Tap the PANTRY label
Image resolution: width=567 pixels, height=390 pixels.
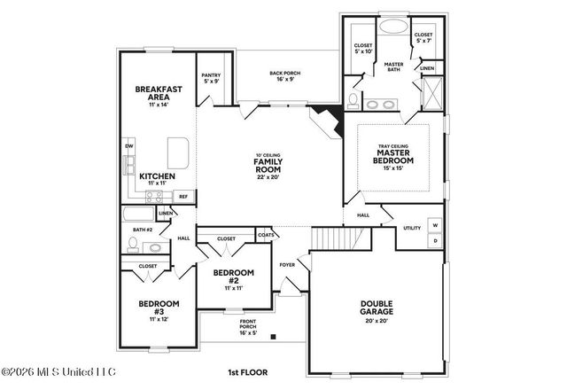(210, 80)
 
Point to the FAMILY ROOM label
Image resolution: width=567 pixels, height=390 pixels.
(268, 166)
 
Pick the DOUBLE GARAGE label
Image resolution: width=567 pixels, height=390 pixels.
(377, 308)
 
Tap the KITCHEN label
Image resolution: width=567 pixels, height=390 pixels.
(157, 176)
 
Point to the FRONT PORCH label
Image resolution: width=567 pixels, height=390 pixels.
(248, 328)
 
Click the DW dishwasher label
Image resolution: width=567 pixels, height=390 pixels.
(128, 146)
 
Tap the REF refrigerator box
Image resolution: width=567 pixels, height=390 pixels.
(183, 196)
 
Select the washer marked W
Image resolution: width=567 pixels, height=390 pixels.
(435, 225)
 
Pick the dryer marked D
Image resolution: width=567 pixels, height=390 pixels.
(435, 239)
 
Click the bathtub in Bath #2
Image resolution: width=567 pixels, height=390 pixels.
(138, 214)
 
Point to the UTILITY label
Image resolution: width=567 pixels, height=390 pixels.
(412, 228)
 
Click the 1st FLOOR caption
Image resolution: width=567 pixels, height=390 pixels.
(248, 372)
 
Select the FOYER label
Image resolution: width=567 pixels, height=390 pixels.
(288, 264)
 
